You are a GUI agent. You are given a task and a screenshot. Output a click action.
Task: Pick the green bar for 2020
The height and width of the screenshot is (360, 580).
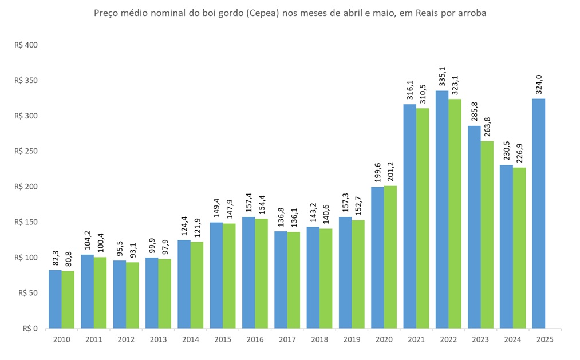click(x=390, y=257)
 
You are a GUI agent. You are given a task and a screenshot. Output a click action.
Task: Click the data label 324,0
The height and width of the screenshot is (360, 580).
click(x=538, y=84)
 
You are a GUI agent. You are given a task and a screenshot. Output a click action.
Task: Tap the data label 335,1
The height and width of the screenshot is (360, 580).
click(x=442, y=76)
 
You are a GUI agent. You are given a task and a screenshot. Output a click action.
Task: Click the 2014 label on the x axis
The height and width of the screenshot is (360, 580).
click(x=190, y=339)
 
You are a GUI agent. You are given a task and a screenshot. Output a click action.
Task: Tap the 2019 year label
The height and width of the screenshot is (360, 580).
click(x=352, y=339)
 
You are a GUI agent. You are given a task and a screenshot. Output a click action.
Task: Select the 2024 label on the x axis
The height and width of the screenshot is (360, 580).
click(x=512, y=339)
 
